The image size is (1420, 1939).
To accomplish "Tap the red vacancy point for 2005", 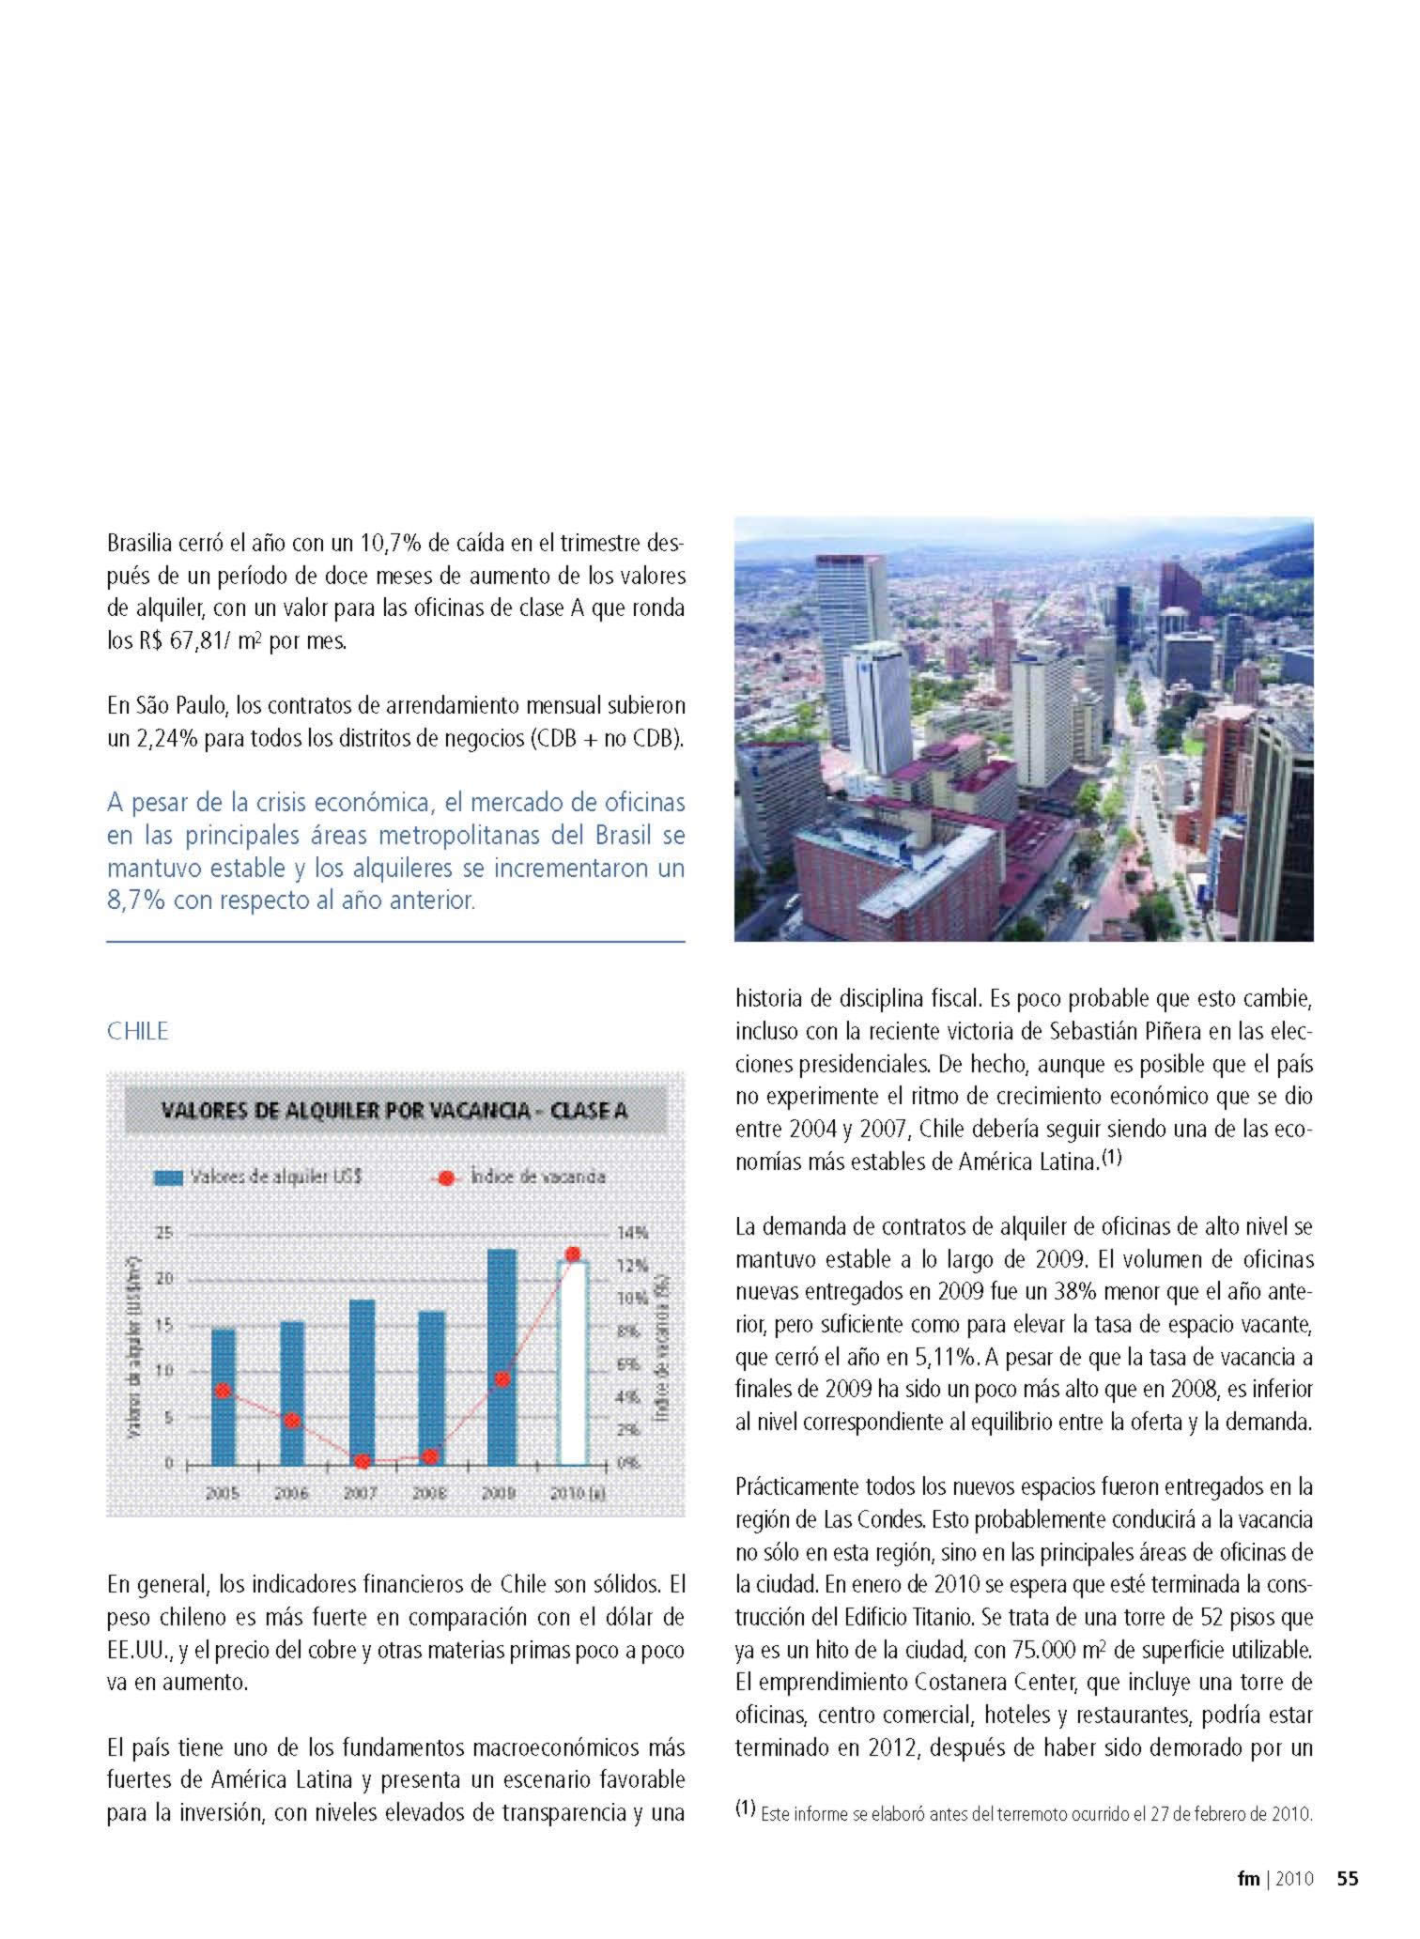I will coord(223,1391).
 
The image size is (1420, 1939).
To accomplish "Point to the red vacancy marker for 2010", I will coord(573,1254).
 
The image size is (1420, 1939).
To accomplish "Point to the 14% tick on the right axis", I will coord(632,1233).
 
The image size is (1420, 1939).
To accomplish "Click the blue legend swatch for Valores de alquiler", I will coord(168,1177).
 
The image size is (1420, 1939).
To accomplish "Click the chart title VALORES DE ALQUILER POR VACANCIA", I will coord(394,1111).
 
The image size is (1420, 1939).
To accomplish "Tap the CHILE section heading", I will coord(137,1031).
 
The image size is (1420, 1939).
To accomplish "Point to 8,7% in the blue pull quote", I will coord(132,900).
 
